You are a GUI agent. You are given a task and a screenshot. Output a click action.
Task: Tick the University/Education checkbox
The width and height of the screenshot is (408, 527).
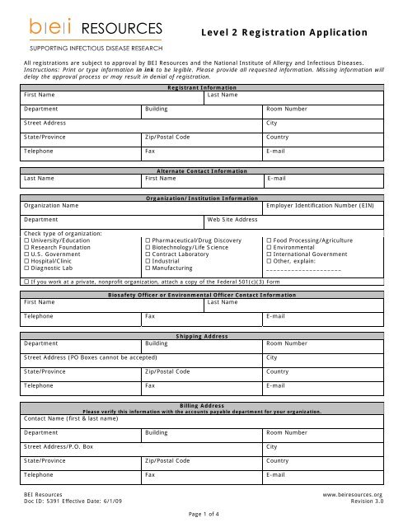(x=27, y=240)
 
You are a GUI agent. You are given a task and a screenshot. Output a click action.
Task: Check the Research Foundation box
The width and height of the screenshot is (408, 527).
(x=27, y=247)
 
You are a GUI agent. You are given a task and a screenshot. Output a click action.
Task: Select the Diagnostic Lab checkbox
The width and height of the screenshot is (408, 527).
(x=27, y=268)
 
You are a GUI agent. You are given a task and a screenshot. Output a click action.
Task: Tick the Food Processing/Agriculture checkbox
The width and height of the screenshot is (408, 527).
(x=269, y=240)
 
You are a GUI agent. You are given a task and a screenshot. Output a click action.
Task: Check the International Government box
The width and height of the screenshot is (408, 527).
(x=269, y=254)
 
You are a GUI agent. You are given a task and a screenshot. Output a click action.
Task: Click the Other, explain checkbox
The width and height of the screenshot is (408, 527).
(x=269, y=261)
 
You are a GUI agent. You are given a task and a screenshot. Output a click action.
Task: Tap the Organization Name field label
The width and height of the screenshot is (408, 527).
(x=51, y=205)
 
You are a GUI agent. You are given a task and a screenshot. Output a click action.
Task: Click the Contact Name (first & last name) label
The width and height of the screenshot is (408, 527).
(x=71, y=418)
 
